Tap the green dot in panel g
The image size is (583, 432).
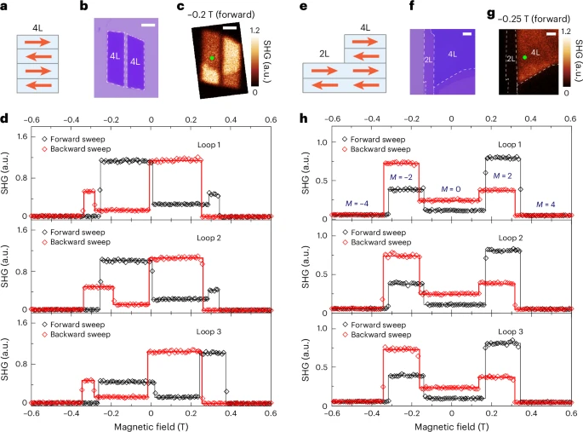(525, 56)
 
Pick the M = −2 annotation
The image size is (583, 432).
(401, 176)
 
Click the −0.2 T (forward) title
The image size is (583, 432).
(229, 8)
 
